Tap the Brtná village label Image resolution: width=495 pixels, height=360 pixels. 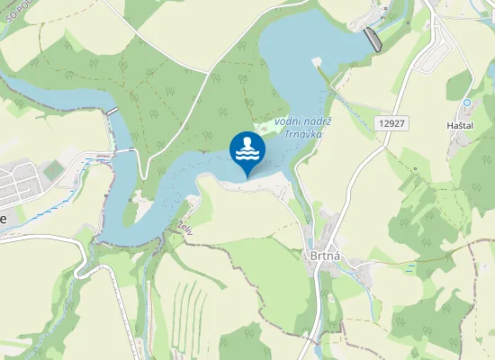tap(325, 256)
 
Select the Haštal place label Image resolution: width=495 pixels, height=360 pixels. tap(460, 127)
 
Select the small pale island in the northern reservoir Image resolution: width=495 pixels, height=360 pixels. tap(316, 61)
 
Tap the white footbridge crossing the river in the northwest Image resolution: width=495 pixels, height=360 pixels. tap(112, 111)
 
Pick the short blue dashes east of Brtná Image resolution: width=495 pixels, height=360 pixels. tap(410, 267)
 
